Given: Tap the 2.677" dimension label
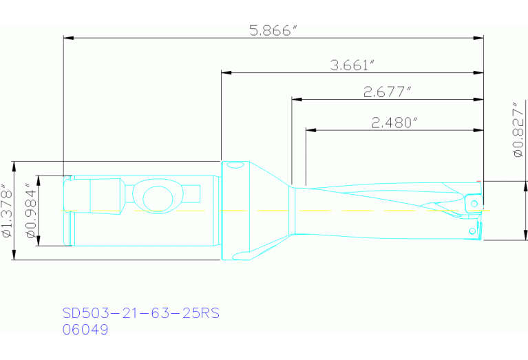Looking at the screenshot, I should point(388,92).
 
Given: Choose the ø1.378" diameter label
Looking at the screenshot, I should point(7,211).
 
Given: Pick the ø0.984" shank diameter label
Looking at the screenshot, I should point(30,211).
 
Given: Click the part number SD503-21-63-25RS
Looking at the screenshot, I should point(140,313).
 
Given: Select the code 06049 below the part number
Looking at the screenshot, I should point(85,330).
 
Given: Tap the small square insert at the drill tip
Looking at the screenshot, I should point(473,204).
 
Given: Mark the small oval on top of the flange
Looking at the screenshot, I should point(235,165).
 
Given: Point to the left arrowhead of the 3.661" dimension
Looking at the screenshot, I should point(225,72).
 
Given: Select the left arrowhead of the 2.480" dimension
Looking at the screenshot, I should point(310,129).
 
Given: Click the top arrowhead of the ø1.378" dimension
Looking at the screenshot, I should point(14,166).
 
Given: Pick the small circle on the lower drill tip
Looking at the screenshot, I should point(472,229).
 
